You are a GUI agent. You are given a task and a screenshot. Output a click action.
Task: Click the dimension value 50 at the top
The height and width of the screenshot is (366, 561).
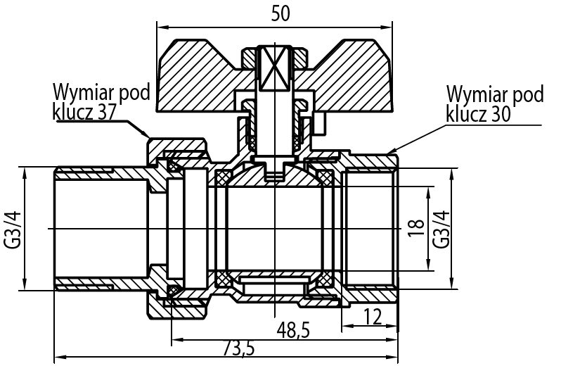tap(280, 13)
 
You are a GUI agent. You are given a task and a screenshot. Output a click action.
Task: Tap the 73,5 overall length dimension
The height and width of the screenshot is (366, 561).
tap(239, 348)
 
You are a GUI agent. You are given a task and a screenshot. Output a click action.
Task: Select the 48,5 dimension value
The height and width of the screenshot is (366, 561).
tap(293, 330)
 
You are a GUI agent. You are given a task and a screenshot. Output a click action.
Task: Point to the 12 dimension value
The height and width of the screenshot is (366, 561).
tap(373, 317)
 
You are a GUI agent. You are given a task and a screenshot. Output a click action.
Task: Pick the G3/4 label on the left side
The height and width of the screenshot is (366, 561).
tap(13, 229)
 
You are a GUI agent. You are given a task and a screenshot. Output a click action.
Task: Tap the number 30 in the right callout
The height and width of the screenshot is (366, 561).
tap(500, 114)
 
